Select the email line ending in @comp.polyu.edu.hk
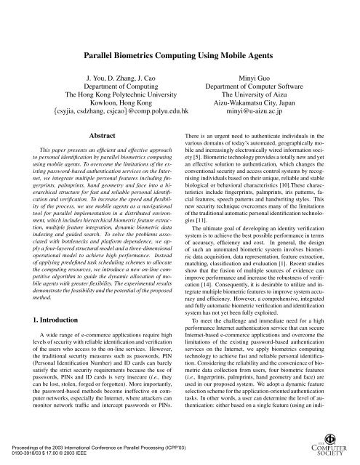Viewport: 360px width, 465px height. coord(106,113)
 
